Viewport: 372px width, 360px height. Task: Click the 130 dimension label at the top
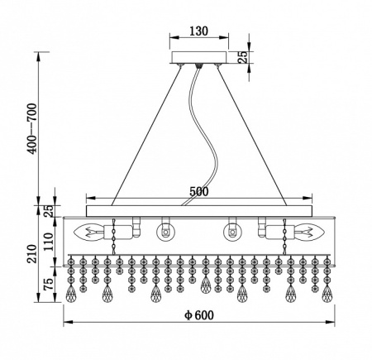pos(198,31)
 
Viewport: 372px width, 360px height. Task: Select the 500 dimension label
pos(199,191)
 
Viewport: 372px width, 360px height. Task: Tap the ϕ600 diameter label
pos(199,315)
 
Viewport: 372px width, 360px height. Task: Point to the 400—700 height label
pos(32,128)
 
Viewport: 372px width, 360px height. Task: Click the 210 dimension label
pos(32,254)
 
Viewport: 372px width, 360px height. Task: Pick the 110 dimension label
pos(49,242)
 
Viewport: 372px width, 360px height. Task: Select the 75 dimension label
pos(49,284)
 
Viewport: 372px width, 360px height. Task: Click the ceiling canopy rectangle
pos(199,57)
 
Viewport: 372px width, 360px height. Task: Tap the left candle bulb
pos(88,233)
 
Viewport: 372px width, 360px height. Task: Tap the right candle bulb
pos(309,232)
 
